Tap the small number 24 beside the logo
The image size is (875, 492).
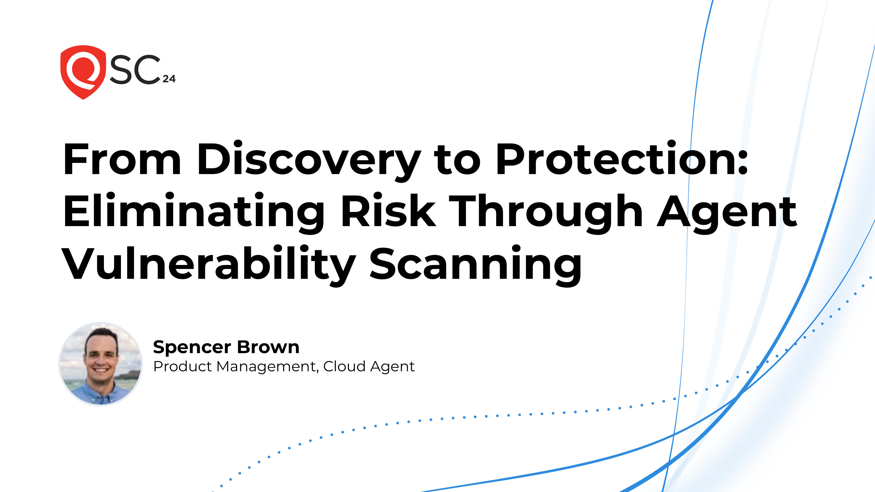[x=169, y=79]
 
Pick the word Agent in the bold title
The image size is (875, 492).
[x=727, y=212]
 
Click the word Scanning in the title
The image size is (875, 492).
[x=476, y=265]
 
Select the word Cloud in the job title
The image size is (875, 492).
[x=344, y=366]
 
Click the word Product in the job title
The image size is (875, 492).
[x=182, y=366]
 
